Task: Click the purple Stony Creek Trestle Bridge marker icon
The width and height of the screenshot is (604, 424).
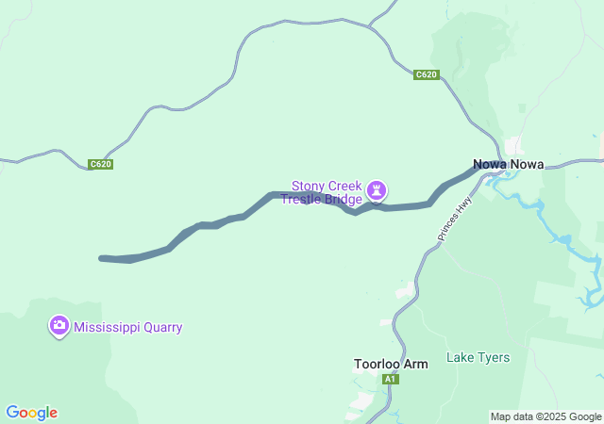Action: pyautogui.click(x=377, y=191)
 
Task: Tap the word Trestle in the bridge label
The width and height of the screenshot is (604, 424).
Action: pyautogui.click(x=301, y=200)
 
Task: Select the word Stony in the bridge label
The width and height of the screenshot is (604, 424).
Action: pyautogui.click(x=309, y=186)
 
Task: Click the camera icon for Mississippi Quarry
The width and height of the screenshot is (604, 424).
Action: pyautogui.click(x=59, y=326)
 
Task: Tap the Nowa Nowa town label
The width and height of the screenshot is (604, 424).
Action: pyautogui.click(x=508, y=164)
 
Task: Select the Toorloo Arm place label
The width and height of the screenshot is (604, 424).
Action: pyautogui.click(x=390, y=364)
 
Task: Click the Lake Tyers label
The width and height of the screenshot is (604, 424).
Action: pyautogui.click(x=478, y=357)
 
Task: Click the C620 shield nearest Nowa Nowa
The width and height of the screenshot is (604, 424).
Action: pyautogui.click(x=427, y=74)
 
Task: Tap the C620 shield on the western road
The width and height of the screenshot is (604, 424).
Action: pyautogui.click(x=101, y=164)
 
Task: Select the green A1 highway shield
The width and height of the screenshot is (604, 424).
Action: pyautogui.click(x=390, y=379)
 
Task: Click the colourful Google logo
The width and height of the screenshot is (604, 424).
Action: pyautogui.click(x=31, y=413)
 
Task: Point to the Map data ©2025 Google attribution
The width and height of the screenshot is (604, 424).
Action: pyautogui.click(x=545, y=416)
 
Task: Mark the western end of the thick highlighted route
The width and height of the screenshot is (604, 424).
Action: pyautogui.click(x=102, y=257)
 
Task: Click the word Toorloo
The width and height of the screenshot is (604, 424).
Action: pyautogui.click(x=377, y=364)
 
